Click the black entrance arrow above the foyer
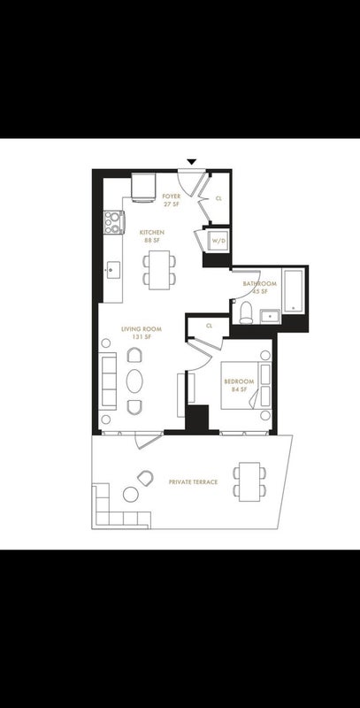192,162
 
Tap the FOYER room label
172,196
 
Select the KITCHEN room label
152,233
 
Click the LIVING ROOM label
142,329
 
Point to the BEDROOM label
239,381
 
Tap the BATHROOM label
259,284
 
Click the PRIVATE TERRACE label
193,482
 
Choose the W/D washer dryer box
218,241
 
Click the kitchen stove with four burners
114,222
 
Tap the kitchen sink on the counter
114,270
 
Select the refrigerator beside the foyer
143,188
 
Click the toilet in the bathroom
246,313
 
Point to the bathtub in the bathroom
294,290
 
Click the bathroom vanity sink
271,317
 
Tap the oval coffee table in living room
134,381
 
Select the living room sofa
108,381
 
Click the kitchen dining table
160,270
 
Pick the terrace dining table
249,481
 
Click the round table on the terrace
131,495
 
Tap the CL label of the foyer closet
218,198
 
